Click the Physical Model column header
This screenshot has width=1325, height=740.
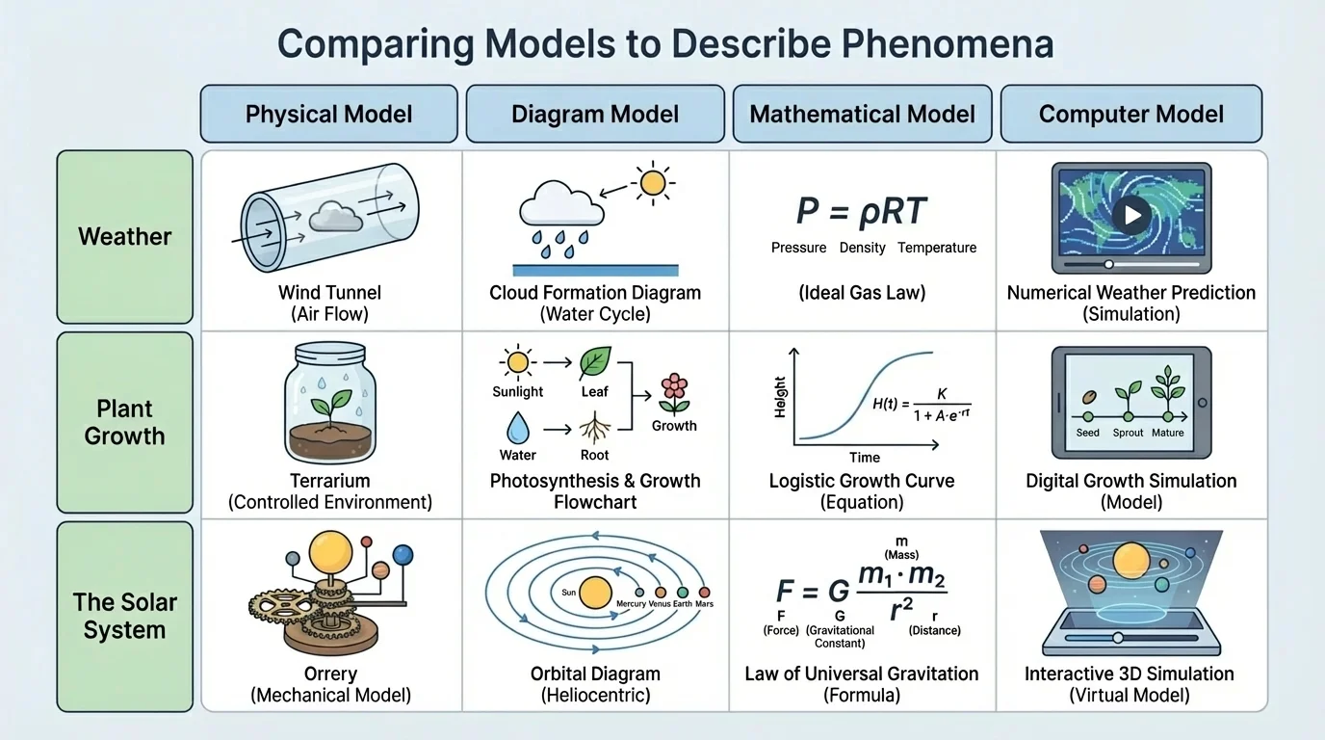(x=328, y=114)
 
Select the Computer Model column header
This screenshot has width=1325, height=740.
(x=1130, y=114)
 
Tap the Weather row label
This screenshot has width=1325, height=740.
(x=125, y=236)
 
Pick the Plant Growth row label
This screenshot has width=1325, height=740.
(x=125, y=422)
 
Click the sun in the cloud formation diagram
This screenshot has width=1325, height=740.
(x=652, y=181)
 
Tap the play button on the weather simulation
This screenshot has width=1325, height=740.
(x=1131, y=215)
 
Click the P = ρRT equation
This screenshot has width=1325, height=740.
(x=862, y=211)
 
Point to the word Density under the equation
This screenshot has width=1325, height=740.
(x=862, y=248)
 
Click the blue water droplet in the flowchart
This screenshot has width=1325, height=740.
(x=518, y=427)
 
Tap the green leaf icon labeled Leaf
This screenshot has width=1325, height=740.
(x=594, y=363)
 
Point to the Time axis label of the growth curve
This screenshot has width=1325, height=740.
(x=865, y=458)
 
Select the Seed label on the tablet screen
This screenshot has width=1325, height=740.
(x=1087, y=433)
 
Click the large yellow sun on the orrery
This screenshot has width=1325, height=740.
(x=330, y=552)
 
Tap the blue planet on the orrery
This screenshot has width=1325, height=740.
(x=403, y=555)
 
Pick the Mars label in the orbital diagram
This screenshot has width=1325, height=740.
(x=704, y=604)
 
